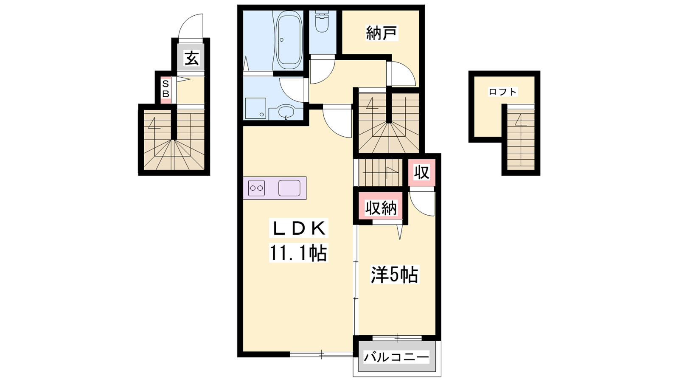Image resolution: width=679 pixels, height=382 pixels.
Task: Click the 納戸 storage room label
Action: coord(381,33)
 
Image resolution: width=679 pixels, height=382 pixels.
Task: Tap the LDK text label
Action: coord(299,228)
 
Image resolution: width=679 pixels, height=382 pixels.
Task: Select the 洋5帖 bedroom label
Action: coord(395,275)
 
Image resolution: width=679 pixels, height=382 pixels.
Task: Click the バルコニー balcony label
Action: coord(396,357)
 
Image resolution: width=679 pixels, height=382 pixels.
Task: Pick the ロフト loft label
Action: coord(503,92)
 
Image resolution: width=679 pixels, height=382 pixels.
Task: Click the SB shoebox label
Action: coord(166,89)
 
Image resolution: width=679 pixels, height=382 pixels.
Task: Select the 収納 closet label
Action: coord(381,208)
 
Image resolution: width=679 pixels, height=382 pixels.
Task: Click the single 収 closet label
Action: coord(422,172)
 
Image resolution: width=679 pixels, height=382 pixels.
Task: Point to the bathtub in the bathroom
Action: coord(289,41)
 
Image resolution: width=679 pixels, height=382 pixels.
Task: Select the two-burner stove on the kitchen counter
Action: coord(256,188)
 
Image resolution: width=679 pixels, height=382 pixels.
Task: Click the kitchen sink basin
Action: coord(289,188)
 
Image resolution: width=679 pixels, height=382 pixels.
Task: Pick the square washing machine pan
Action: coord(255,108)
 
